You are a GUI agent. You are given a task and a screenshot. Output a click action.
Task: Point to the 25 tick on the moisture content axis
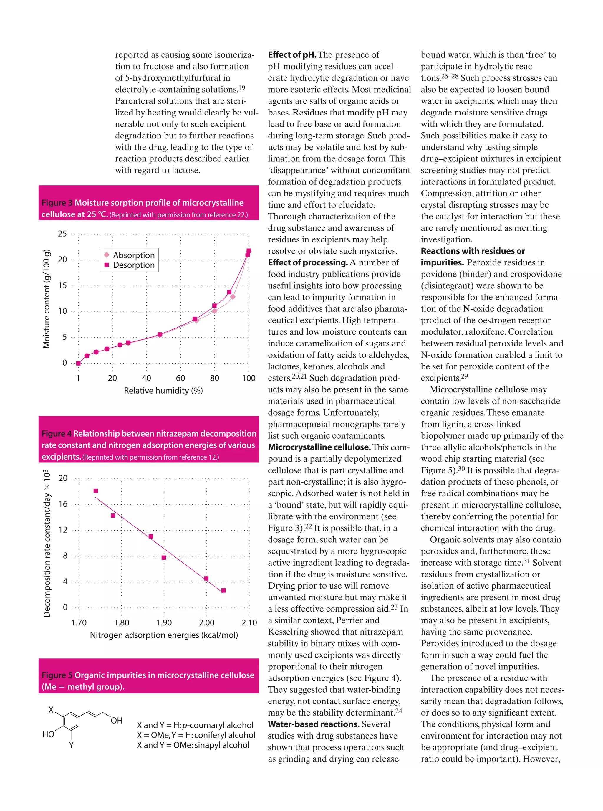coord(62,234)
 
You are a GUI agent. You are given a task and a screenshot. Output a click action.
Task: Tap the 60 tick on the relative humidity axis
coord(180,378)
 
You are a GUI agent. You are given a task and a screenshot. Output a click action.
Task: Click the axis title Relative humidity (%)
coord(163,391)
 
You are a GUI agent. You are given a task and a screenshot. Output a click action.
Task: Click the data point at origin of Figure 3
coord(78,363)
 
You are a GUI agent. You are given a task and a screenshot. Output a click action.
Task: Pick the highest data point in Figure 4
coord(96,491)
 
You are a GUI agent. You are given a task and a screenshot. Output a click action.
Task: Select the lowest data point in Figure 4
coord(223,590)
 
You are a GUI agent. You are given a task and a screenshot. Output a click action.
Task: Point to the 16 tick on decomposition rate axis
coord(63,504)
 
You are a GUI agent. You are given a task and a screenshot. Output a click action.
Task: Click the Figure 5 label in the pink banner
coord(57,675)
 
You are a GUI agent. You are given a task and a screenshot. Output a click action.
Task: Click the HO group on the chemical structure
coord(48,734)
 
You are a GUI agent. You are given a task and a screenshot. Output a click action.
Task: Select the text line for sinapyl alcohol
coord(193,745)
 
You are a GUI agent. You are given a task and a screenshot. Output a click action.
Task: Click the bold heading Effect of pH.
coord(292,55)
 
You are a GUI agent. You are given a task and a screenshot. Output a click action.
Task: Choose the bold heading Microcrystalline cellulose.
coord(319,447)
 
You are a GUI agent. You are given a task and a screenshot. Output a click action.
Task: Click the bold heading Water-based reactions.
coord(314,724)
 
